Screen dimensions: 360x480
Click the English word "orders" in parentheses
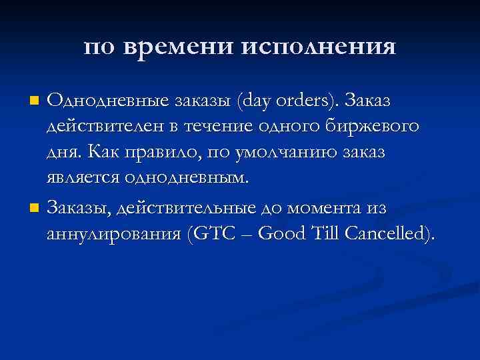click(x=313, y=100)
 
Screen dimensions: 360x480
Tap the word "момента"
click(x=326, y=209)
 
